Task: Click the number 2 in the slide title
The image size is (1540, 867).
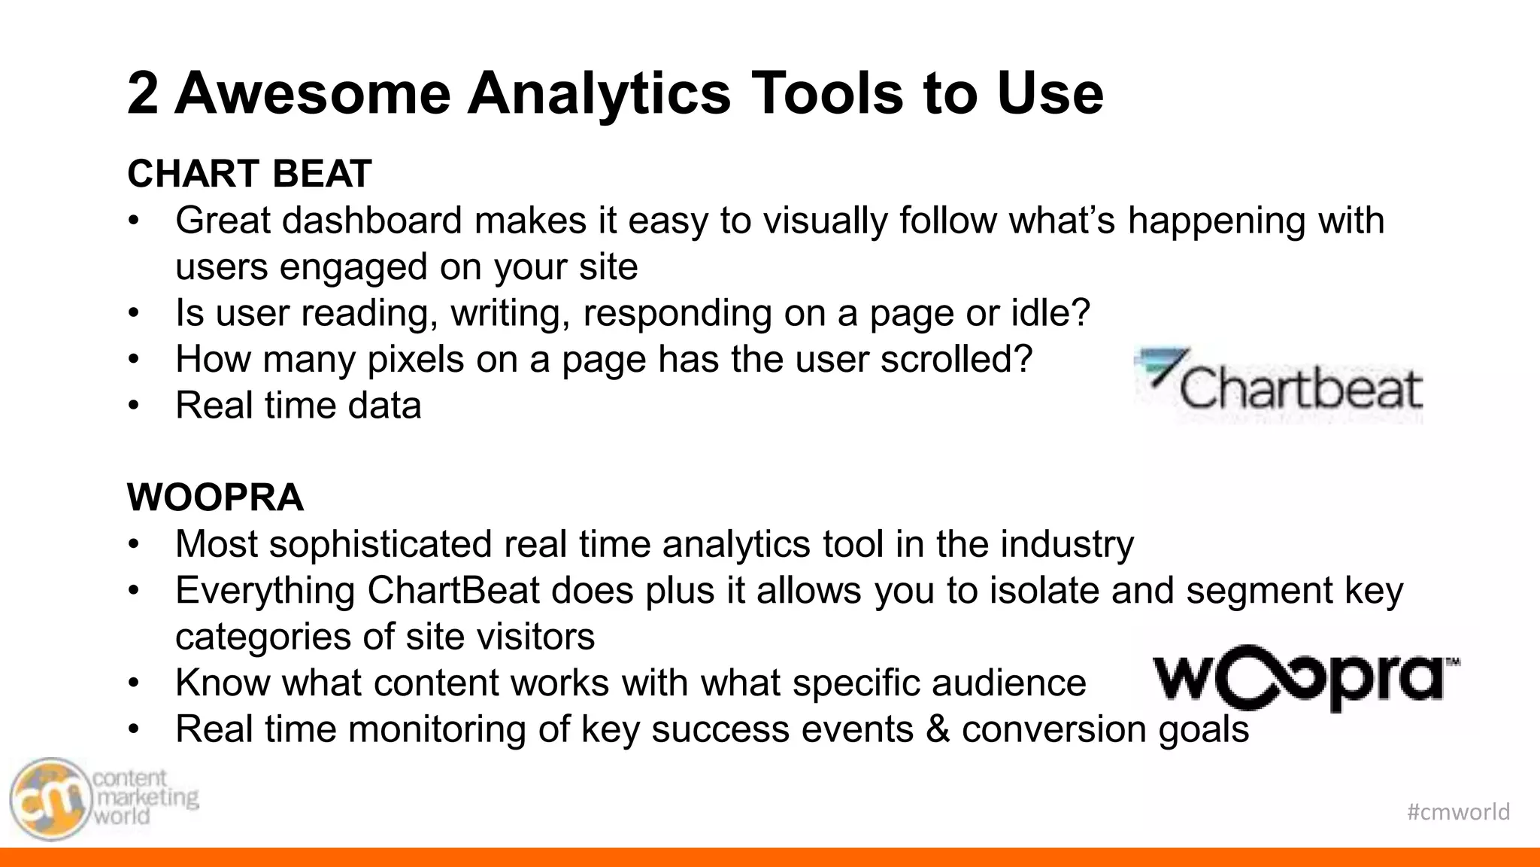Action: click(x=143, y=93)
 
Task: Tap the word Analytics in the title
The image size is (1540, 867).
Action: click(x=599, y=93)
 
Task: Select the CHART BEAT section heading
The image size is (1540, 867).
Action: click(x=249, y=174)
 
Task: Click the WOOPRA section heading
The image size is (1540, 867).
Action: click(x=215, y=497)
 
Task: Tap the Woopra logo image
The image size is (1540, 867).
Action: click(x=1305, y=677)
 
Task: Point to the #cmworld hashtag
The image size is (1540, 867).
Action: click(x=1457, y=811)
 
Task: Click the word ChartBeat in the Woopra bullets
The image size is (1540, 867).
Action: click(x=453, y=591)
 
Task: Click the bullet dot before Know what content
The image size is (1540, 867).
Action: click(x=134, y=683)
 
